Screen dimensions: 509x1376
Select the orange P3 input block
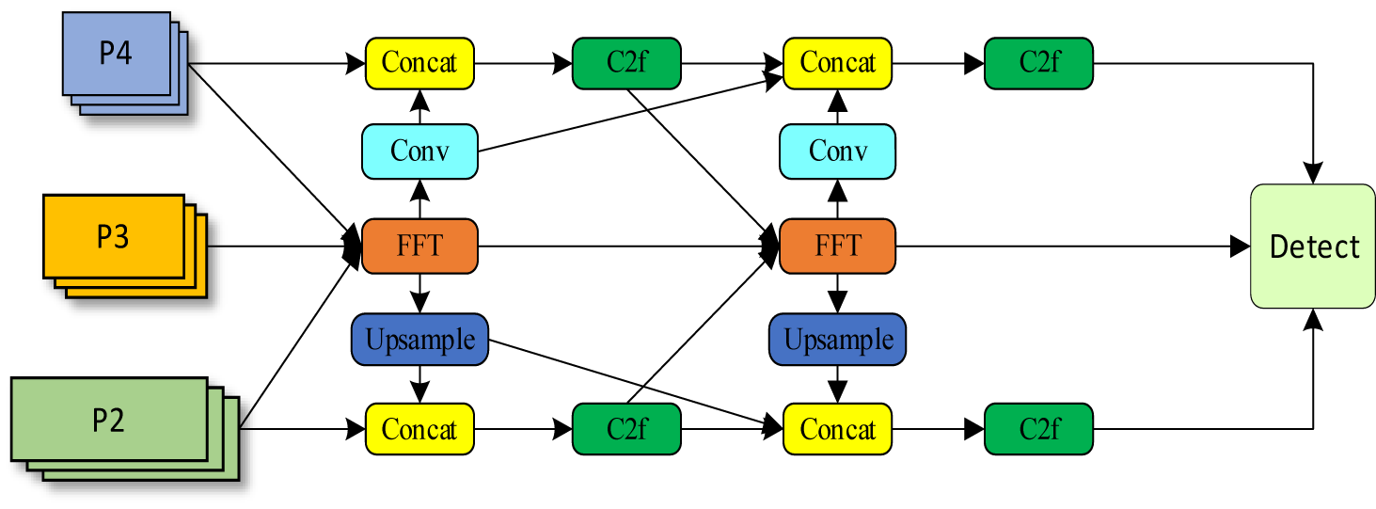(113, 237)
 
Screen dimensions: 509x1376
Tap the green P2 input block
(109, 420)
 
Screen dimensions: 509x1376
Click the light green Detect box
(1312, 247)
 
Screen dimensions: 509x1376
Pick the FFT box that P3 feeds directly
(419, 247)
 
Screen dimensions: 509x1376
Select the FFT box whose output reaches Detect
(837, 247)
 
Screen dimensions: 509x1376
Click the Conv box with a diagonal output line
(419, 151)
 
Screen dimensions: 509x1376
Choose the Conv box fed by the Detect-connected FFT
(837, 151)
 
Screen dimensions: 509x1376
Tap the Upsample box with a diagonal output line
(419, 339)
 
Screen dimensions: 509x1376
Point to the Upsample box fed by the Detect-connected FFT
(837, 339)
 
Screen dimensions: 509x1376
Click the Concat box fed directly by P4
(419, 63)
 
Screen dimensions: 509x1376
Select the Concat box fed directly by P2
(419, 429)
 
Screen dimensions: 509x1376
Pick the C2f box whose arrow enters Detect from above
(1038, 63)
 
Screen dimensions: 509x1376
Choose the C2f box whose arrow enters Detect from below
(1038, 429)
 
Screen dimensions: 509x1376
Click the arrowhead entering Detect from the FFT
(1240, 247)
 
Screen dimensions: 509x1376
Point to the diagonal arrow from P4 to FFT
(273, 151)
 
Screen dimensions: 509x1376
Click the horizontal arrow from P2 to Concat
(301, 429)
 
